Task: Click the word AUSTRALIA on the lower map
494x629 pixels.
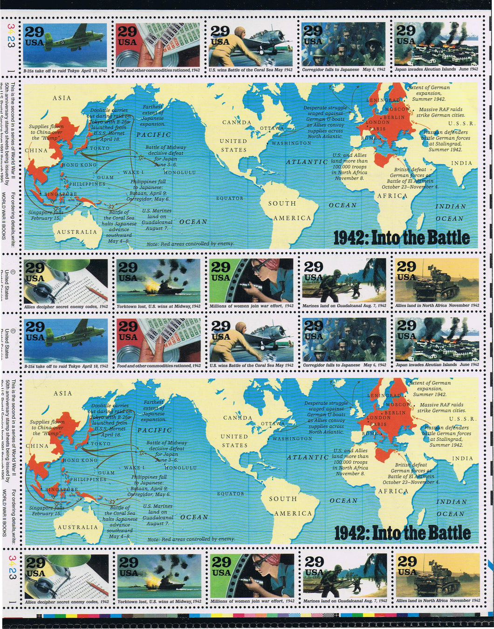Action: (x=78, y=527)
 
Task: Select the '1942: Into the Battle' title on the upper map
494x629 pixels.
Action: (x=402, y=238)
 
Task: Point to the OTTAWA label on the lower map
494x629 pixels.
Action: (x=273, y=424)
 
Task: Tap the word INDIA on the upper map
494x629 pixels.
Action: (x=461, y=163)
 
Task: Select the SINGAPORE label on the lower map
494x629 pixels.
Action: (x=61, y=489)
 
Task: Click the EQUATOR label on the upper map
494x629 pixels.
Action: (x=230, y=198)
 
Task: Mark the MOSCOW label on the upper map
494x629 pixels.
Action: (x=398, y=109)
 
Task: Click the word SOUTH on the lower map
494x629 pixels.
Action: (x=282, y=499)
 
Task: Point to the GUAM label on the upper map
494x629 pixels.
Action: (x=106, y=177)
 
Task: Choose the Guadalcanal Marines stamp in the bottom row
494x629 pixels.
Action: (x=345, y=577)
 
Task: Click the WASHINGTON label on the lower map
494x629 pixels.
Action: (x=292, y=438)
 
